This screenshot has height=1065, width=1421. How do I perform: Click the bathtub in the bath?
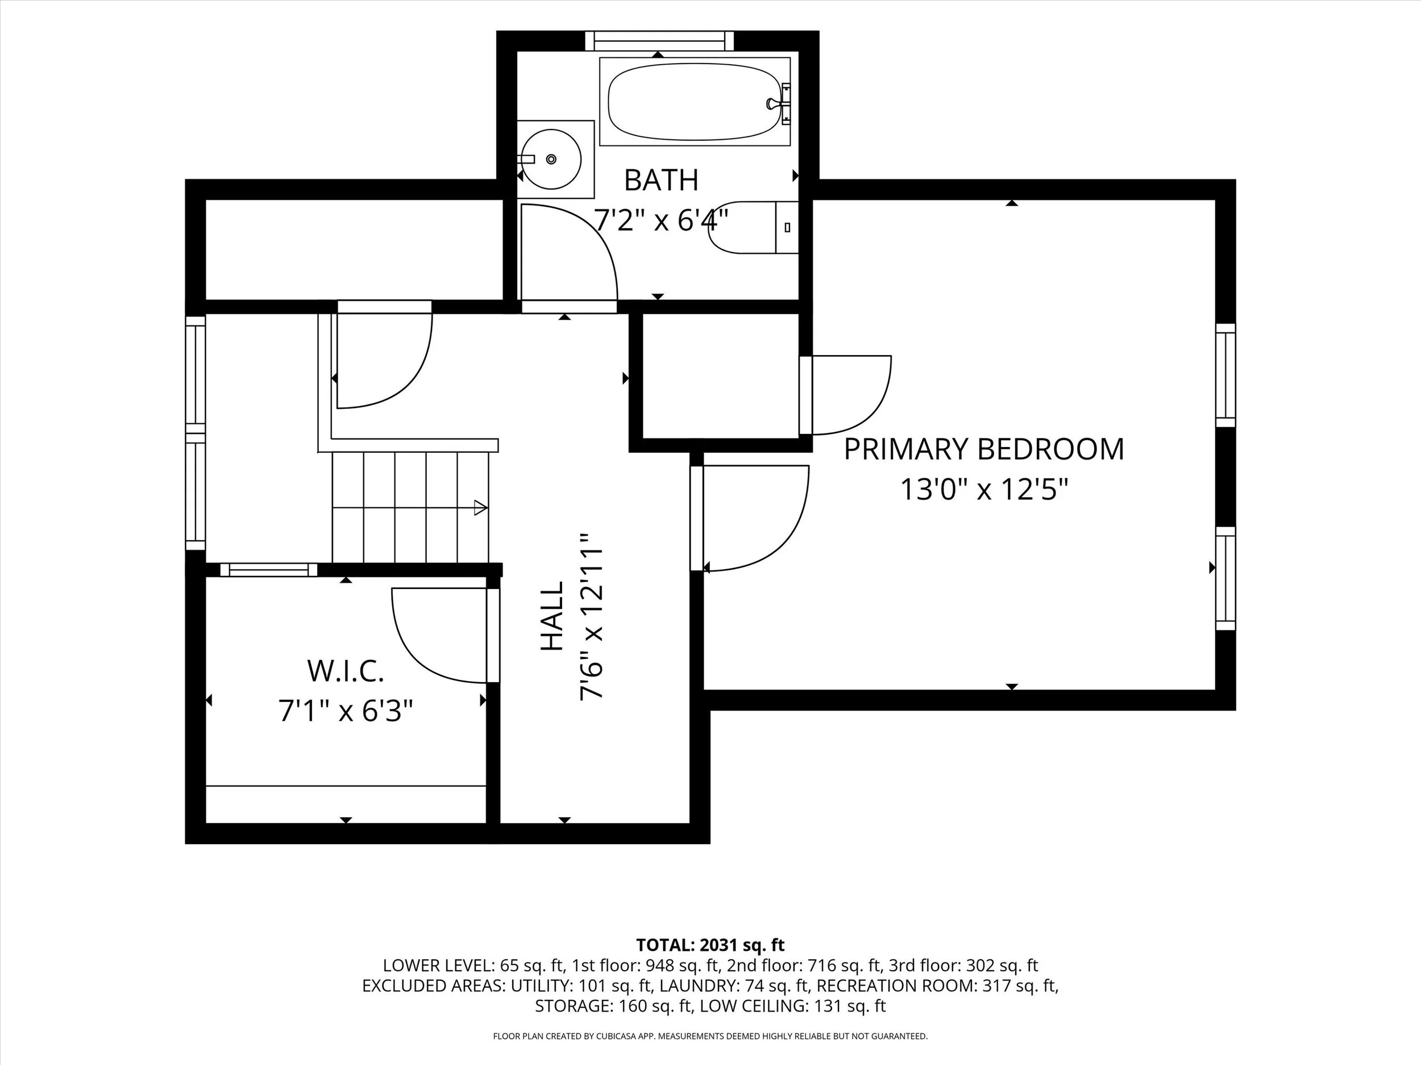tap(695, 102)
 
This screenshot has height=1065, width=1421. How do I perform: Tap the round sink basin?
tap(551, 159)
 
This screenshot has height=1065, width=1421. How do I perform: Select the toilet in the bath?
tap(754, 227)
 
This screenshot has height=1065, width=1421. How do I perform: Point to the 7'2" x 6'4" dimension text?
tap(661, 220)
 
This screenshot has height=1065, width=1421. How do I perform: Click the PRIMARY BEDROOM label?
tap(983, 449)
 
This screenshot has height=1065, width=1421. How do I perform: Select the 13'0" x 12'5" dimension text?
tap(983, 489)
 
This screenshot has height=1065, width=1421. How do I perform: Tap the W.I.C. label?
tap(346, 671)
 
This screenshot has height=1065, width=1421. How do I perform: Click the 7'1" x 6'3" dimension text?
tap(346, 711)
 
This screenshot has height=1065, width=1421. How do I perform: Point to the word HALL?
tap(552, 616)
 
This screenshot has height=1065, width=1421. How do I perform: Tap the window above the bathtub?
tap(659, 41)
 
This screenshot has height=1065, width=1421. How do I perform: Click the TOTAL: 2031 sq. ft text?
tap(710, 945)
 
